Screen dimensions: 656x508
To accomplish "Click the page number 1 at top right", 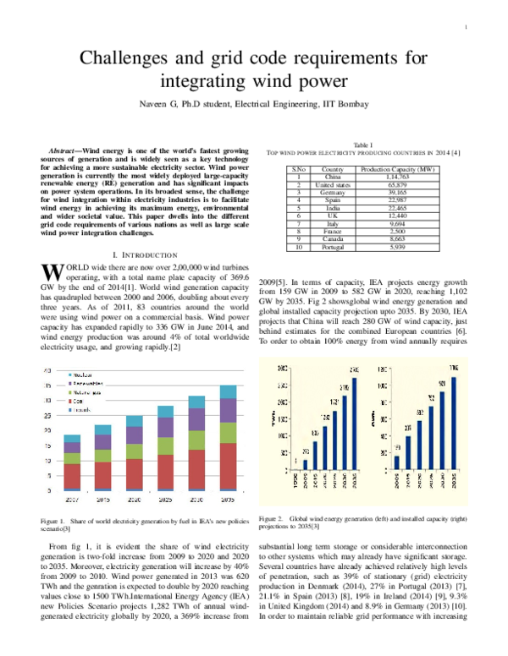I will pyautogui.click(x=467, y=29).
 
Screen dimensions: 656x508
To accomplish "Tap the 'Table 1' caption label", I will pyautogui.click(x=364, y=145).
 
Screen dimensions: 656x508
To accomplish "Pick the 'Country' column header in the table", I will pyautogui.click(x=327, y=169).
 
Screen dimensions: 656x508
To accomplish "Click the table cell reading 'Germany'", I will pyautogui.click(x=327, y=191).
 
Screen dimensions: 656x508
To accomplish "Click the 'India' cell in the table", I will pyautogui.click(x=327, y=206).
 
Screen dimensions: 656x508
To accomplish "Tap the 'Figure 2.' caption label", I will pyautogui.click(x=273, y=517).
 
